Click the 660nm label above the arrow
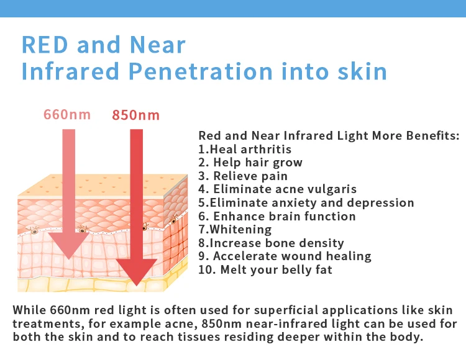67,115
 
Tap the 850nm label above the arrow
135,115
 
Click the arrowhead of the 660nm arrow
67,245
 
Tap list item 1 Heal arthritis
245,149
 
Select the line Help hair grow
250,163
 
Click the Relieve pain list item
243,176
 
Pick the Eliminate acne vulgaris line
277,189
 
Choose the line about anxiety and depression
306,203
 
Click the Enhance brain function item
277,217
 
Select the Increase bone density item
271,243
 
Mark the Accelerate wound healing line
285,256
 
